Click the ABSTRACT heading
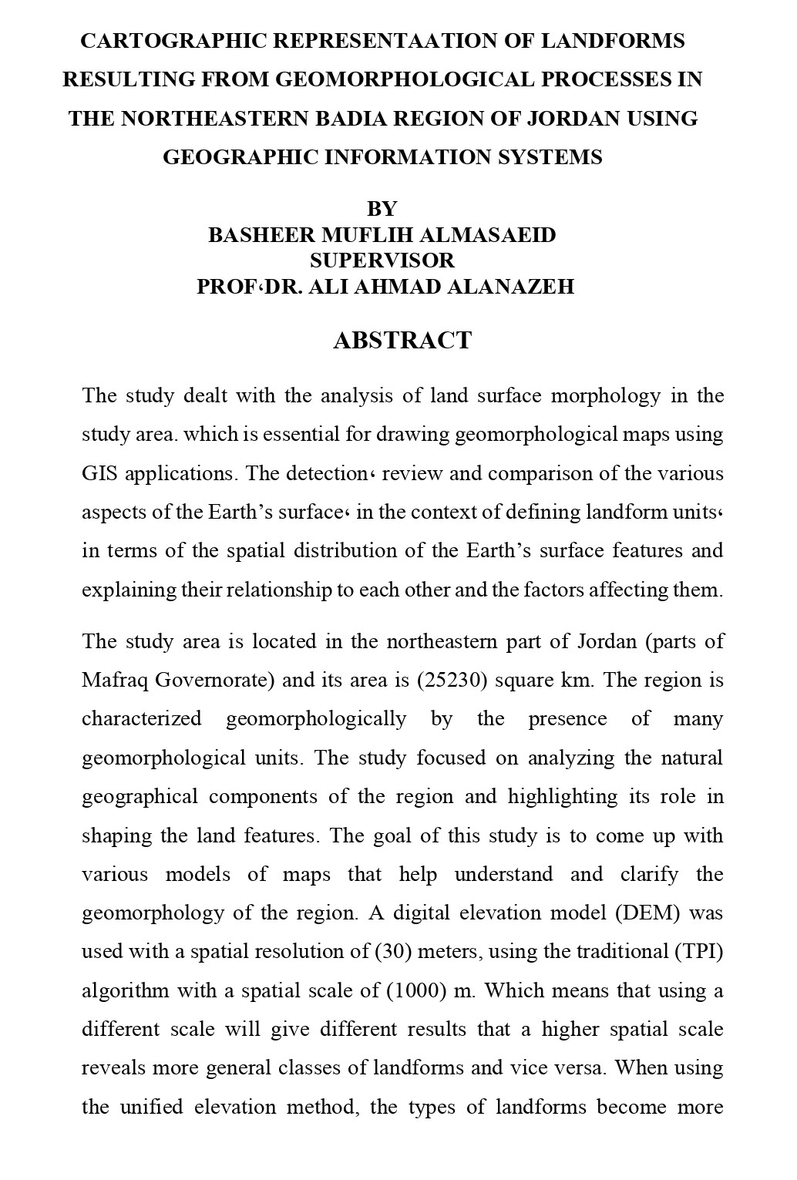click(x=402, y=341)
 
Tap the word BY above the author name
click(x=382, y=209)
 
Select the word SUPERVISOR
click(x=382, y=260)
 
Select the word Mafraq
click(x=116, y=681)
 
